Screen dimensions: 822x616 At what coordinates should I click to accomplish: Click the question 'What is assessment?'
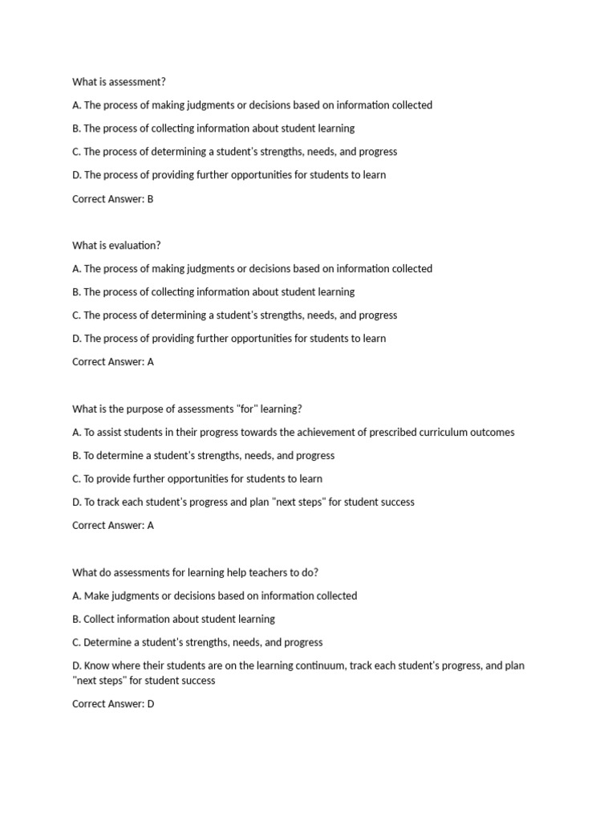click(119, 82)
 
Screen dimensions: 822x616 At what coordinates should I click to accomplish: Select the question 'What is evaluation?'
click(116, 246)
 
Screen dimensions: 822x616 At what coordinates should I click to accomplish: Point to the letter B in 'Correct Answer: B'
click(150, 199)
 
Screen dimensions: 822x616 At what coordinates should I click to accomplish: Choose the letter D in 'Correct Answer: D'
click(150, 704)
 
